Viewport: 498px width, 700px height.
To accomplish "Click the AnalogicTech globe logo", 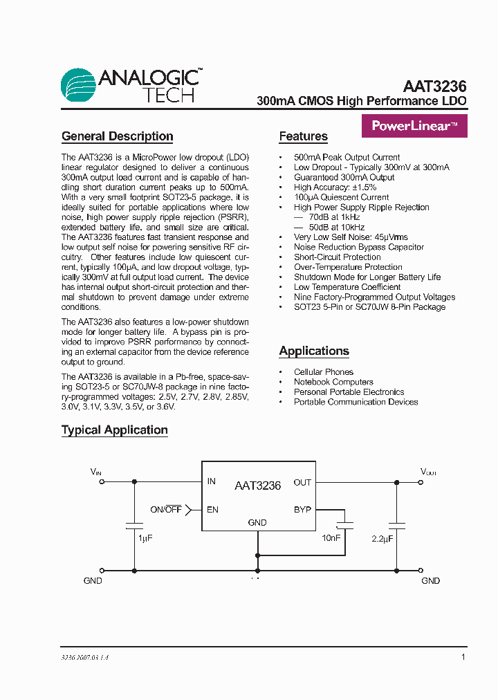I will pos(78,86).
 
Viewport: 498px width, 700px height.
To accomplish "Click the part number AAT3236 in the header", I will pos(434,87).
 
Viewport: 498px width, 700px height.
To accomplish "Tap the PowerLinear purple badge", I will pos(414,126).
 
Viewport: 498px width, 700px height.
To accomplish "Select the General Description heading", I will pos(117,136).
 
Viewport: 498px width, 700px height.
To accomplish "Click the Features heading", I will pos(303,136).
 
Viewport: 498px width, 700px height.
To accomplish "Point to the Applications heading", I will pos(314,351).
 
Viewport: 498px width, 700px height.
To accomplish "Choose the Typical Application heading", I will pos(114,430).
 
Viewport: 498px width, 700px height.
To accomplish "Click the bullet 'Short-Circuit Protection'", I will pos(337,257).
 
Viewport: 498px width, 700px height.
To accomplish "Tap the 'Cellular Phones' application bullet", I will pos(323,372).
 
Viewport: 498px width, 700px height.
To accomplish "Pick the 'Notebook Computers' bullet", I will pos(333,382).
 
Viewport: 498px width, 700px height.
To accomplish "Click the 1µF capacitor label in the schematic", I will pos(145,538).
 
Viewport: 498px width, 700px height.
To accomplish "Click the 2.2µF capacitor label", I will pos(382,538).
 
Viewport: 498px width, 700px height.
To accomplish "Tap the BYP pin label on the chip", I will pos(302,510).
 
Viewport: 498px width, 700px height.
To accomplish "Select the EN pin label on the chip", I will pos(212,510).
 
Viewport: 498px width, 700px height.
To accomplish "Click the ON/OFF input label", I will pos(166,510).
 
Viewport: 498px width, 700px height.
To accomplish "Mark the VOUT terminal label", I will pos(429,472).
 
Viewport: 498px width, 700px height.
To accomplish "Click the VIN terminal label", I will pos(96,472).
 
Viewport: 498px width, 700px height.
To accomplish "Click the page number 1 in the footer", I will pos(463,657).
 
